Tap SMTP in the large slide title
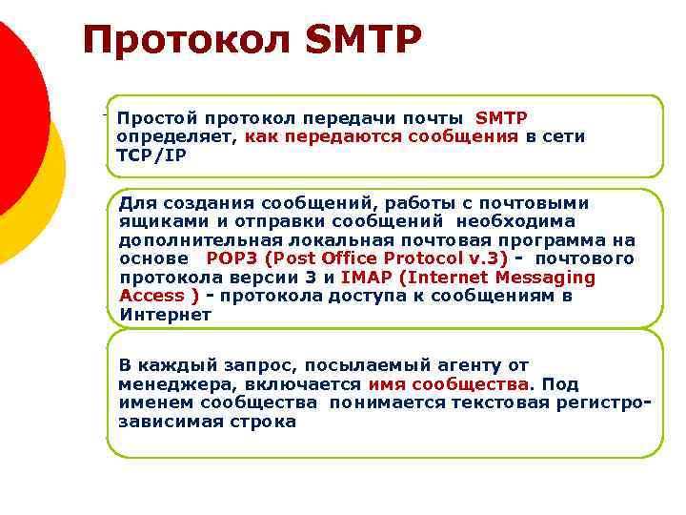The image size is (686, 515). [362, 41]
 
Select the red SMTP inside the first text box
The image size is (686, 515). [501, 118]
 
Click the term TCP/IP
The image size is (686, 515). [145, 154]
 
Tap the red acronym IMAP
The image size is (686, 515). [366, 278]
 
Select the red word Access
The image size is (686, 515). [152, 296]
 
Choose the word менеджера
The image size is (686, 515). [168, 384]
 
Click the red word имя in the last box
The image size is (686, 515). [386, 384]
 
